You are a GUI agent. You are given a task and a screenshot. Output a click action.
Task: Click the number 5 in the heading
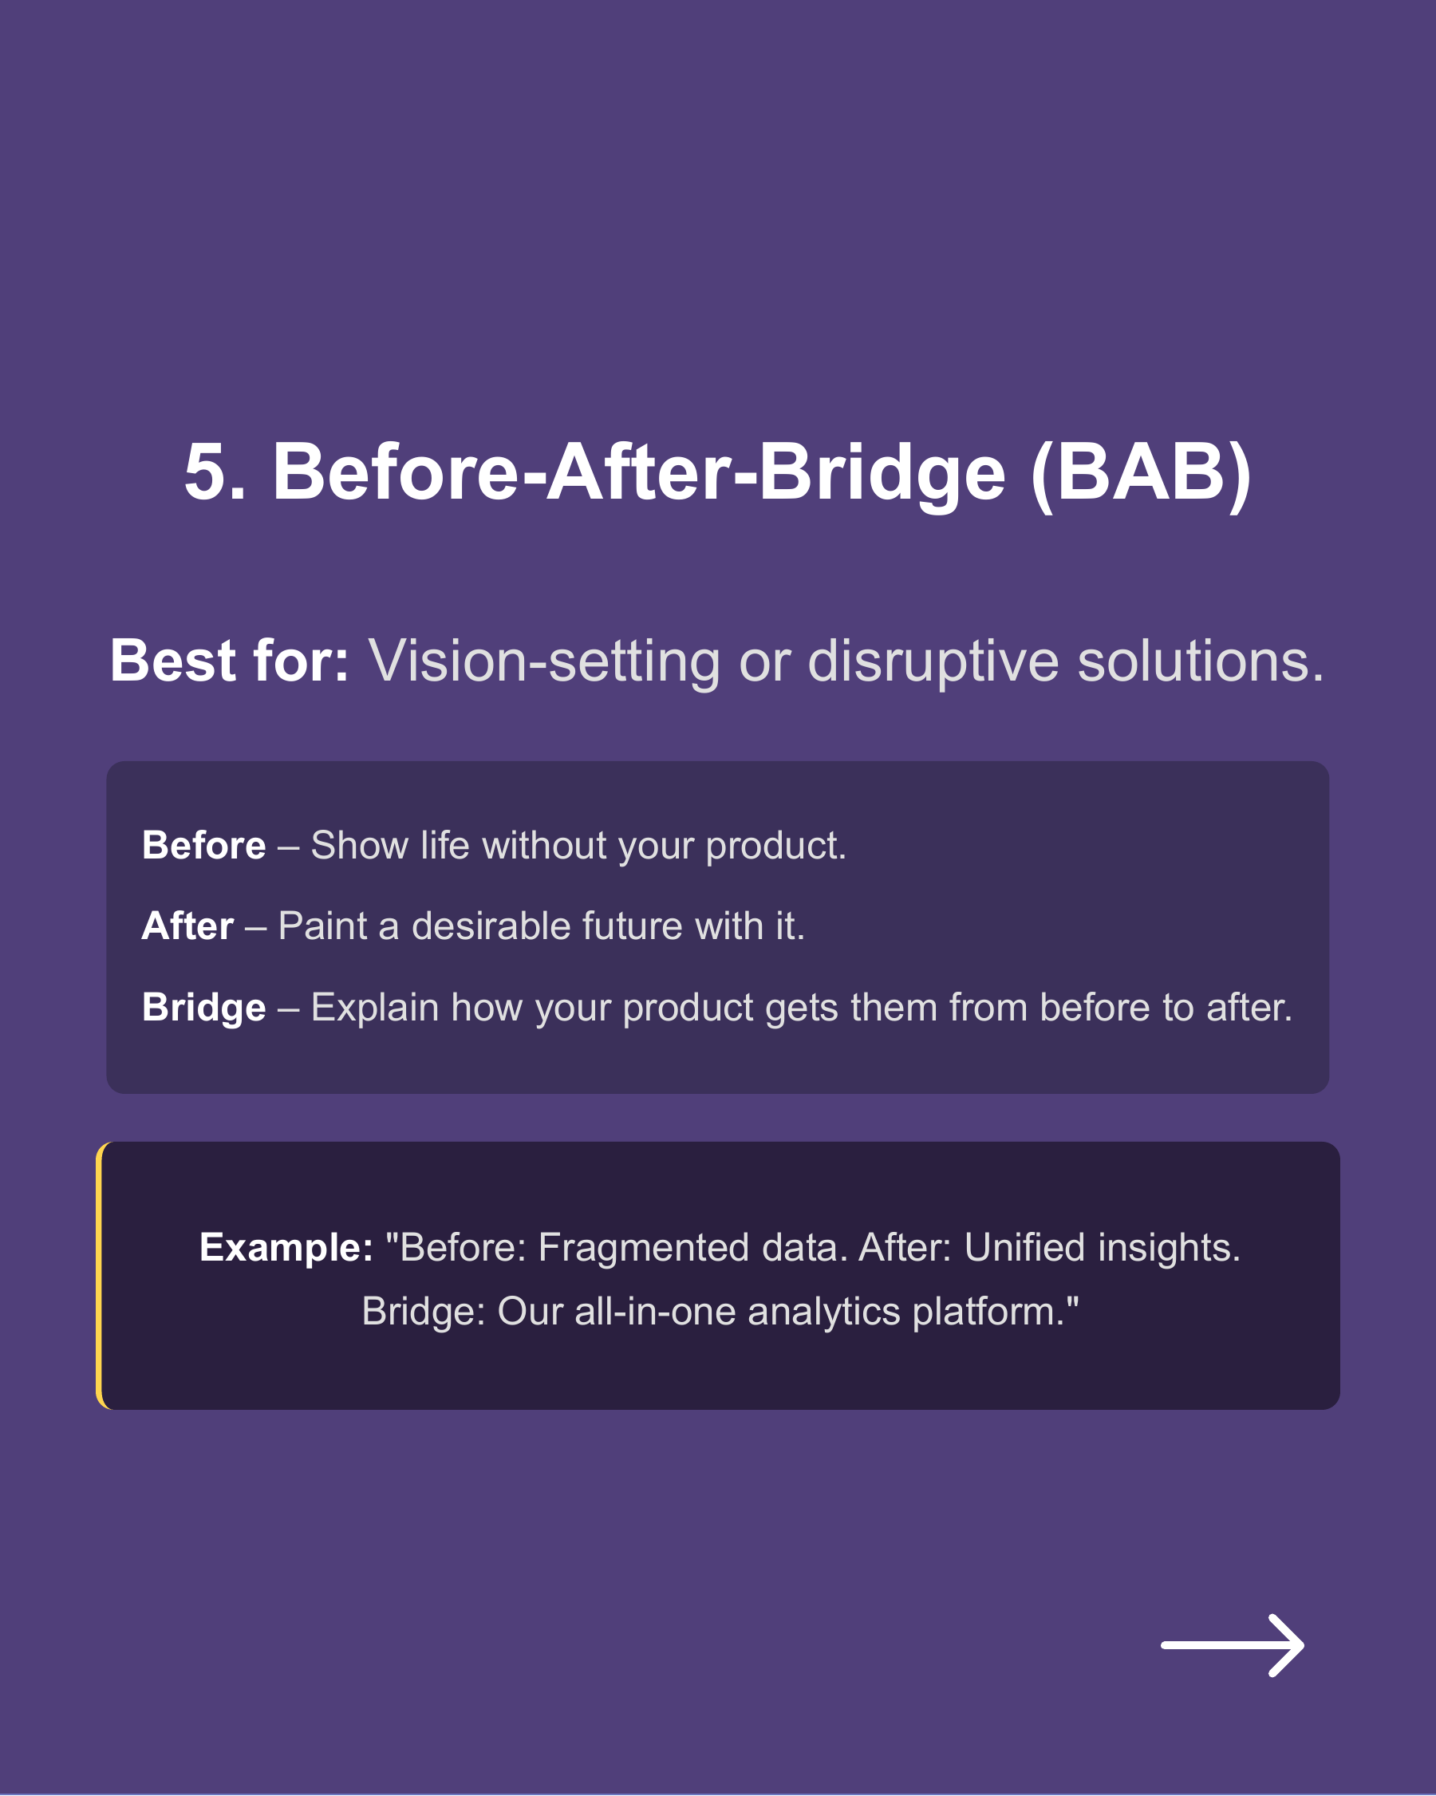[205, 472]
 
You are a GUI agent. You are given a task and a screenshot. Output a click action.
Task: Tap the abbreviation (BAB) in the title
[1140, 472]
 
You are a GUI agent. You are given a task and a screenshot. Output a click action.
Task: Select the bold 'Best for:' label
[229, 661]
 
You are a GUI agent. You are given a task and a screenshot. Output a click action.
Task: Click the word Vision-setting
[544, 661]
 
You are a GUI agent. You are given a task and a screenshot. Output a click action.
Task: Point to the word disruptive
[933, 661]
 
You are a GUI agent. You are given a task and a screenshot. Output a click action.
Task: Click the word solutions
[1199, 661]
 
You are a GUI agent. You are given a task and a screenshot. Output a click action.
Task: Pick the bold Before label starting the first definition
[204, 846]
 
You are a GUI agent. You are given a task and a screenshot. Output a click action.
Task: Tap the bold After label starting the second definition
[187, 926]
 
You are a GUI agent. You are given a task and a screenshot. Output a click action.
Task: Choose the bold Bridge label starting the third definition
[204, 1007]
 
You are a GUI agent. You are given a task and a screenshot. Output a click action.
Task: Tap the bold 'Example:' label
[286, 1247]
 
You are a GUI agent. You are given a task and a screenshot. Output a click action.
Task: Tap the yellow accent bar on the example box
[99, 1275]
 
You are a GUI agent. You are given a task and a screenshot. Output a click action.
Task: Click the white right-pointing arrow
[1232, 1645]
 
